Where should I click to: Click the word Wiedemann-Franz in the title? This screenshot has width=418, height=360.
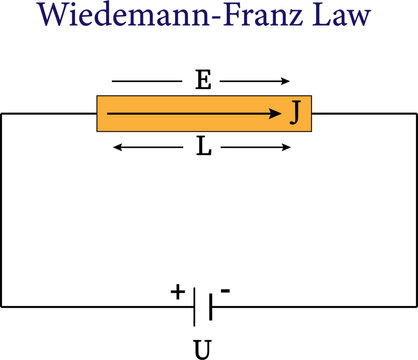[x=164, y=17]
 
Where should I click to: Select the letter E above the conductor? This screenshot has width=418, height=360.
[x=203, y=81]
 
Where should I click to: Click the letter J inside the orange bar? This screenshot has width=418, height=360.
[x=295, y=113]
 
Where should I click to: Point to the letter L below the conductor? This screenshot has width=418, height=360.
[x=203, y=148]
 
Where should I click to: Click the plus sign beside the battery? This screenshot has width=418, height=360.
[x=177, y=292]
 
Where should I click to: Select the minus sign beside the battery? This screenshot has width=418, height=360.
[x=226, y=290]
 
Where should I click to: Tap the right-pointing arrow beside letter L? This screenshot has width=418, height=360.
[x=256, y=148]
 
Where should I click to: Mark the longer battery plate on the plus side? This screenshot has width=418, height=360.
[x=194, y=306]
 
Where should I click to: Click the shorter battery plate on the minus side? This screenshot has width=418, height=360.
[x=210, y=306]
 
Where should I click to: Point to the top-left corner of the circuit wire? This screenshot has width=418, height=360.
[x=2, y=114]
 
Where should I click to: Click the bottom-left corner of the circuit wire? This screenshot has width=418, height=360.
[x=2, y=306]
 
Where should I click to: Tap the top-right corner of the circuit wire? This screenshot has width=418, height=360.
[x=416, y=114]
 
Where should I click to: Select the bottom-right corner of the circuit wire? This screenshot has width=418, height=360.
[x=416, y=306]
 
